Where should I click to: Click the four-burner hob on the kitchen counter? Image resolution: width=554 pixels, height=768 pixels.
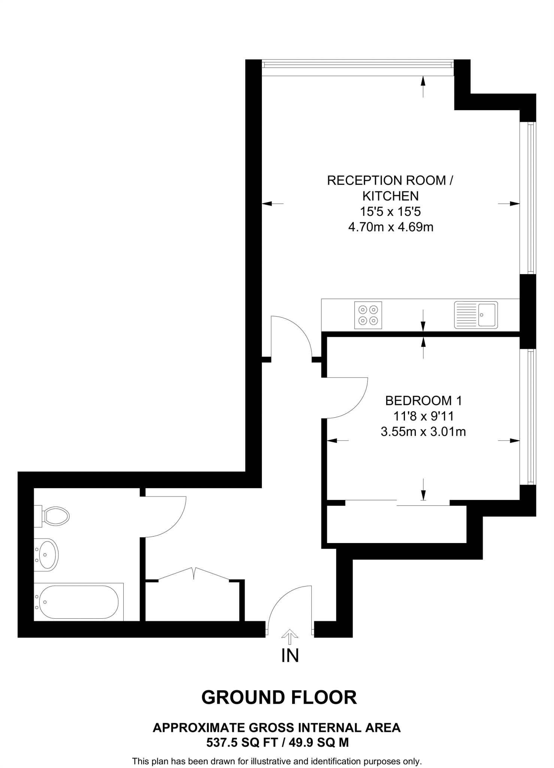point(368,315)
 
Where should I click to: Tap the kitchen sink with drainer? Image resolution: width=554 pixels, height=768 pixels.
point(476,315)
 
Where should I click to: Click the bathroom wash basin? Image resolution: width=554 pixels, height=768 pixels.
point(47,555)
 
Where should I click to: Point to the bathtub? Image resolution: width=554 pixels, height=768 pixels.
point(79,602)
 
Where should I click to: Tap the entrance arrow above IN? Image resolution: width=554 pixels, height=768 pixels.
point(290,636)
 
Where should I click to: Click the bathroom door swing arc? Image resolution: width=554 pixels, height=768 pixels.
point(167,517)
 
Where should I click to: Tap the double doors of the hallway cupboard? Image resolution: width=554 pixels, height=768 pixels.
point(194,574)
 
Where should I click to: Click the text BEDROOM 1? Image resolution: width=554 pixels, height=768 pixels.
point(423,400)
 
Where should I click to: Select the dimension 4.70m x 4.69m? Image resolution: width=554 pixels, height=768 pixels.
point(390,227)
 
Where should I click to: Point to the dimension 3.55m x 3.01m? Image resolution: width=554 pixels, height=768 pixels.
point(423,432)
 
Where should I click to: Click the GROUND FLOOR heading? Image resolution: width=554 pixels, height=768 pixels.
point(279,697)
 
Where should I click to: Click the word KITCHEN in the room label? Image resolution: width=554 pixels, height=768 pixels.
point(390,196)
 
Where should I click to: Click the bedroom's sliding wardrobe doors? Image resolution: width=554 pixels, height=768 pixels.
point(397,503)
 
